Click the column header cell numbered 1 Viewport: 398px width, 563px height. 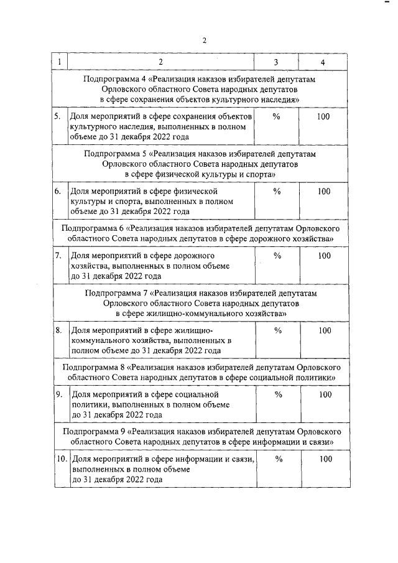[x=58, y=62]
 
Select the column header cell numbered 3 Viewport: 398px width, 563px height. [x=277, y=62]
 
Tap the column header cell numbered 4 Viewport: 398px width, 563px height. [x=322, y=62]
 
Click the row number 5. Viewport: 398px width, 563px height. [x=57, y=116]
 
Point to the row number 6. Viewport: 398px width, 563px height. [x=57, y=192]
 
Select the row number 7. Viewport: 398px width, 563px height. [x=57, y=256]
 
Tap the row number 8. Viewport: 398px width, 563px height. [x=57, y=330]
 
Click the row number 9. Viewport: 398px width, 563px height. [x=58, y=394]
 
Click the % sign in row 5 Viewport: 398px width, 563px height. [x=277, y=116]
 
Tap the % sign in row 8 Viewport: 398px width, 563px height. [x=277, y=330]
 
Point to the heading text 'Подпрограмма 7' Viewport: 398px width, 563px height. [x=114, y=293]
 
